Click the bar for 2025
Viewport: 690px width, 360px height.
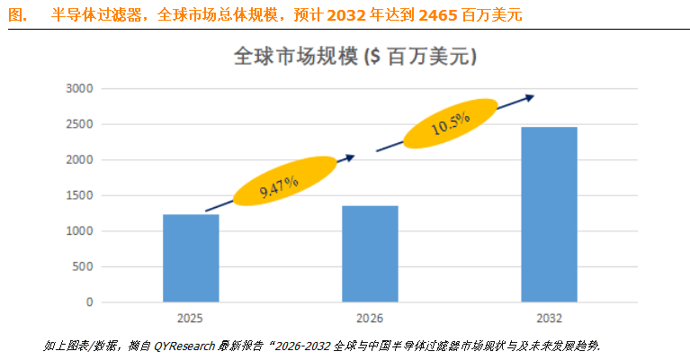coord(191,258)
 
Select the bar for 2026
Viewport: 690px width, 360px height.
coord(370,254)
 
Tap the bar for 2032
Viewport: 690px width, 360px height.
coord(549,214)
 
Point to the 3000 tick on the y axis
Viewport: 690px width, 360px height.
coord(80,89)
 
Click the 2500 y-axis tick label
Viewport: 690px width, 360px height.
coord(80,124)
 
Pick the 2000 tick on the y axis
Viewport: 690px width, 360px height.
coord(80,160)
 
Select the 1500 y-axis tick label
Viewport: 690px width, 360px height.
coord(80,195)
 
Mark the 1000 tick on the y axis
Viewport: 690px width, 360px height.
coord(80,231)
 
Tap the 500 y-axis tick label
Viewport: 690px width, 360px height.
coord(84,267)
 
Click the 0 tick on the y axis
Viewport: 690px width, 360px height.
coord(90,302)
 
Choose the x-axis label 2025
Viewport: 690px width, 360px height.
coord(191,318)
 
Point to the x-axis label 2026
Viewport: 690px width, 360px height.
coord(370,318)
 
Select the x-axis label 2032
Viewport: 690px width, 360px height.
coord(549,318)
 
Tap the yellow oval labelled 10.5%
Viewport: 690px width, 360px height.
coord(450,124)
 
